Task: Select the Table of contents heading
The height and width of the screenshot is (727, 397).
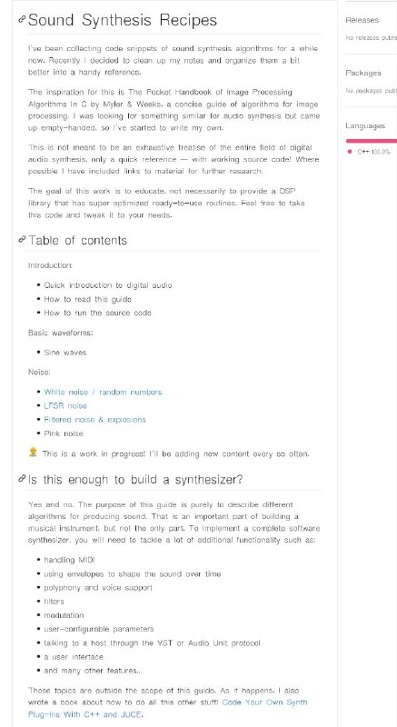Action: pyautogui.click(x=77, y=241)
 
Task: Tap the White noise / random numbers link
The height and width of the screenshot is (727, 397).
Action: pyautogui.click(x=103, y=392)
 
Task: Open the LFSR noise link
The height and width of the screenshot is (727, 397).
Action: pyautogui.click(x=65, y=405)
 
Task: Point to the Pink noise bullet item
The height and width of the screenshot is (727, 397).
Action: pyautogui.click(x=64, y=433)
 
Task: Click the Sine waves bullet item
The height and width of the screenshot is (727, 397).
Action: pyautogui.click(x=65, y=351)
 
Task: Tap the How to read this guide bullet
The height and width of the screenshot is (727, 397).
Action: pyautogui.click(x=87, y=298)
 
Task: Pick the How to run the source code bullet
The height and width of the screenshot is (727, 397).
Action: pyautogui.click(x=98, y=312)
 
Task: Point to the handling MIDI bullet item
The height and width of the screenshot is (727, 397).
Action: pyautogui.click(x=69, y=560)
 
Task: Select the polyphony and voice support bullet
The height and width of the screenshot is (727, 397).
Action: pyautogui.click(x=97, y=588)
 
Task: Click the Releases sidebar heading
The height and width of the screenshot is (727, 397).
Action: pyautogui.click(x=361, y=19)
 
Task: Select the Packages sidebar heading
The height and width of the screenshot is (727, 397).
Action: pyautogui.click(x=362, y=72)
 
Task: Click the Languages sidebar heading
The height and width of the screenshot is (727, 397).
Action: pyautogui.click(x=366, y=125)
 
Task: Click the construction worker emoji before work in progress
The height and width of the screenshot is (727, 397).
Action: pyautogui.click(x=34, y=452)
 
